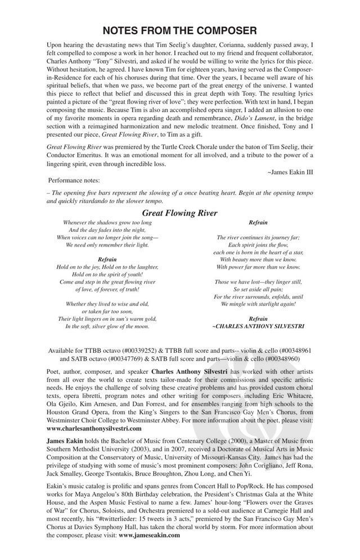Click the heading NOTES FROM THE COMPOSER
(180, 30)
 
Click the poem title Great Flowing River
(179, 213)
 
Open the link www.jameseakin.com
(149, 535)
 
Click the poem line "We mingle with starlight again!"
(258, 304)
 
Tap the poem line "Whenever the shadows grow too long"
(107, 223)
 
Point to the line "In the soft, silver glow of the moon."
(107, 326)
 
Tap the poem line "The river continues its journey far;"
(258, 238)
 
